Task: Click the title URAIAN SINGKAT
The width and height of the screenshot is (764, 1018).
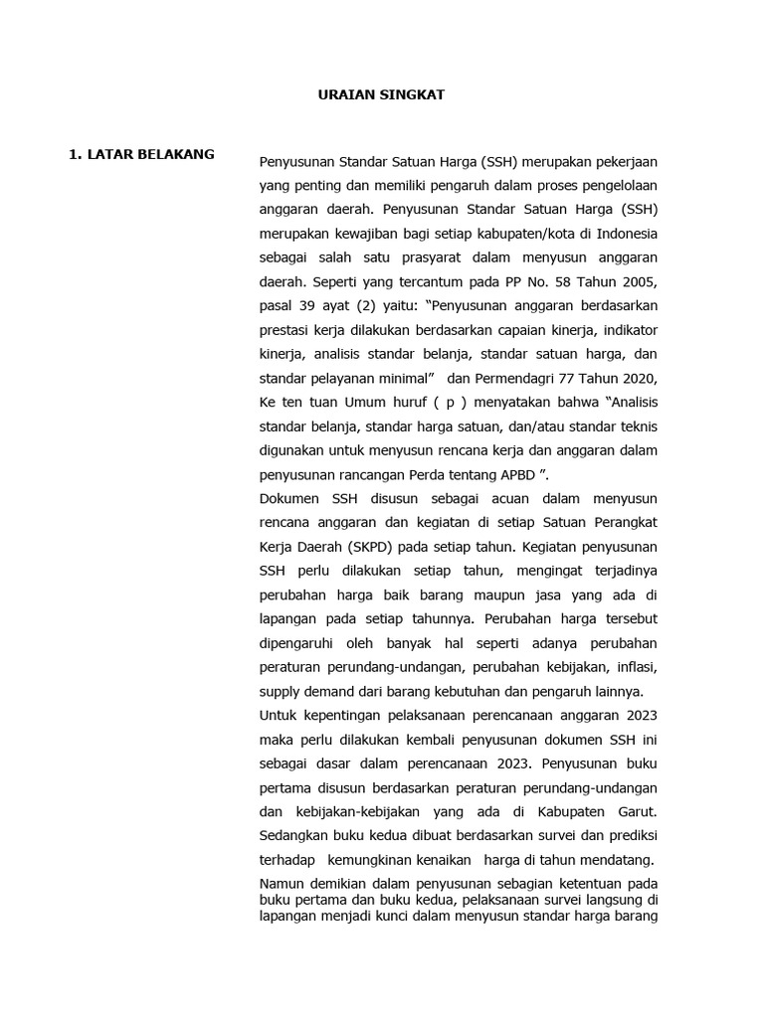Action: [381, 94]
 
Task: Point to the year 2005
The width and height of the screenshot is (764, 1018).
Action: [641, 281]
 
